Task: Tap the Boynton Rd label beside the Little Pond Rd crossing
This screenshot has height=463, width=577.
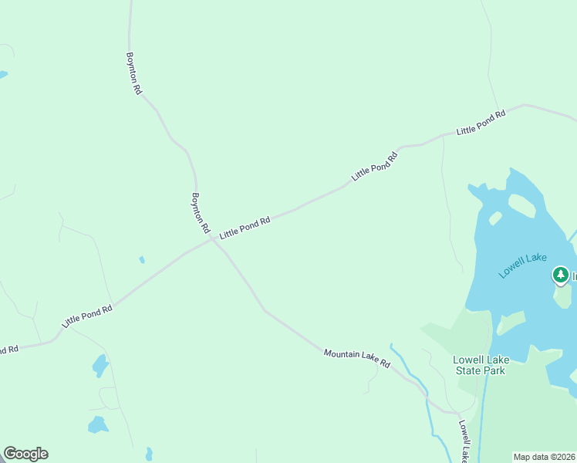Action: pos(201,213)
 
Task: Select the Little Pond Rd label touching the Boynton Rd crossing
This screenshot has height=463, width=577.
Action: pos(245,227)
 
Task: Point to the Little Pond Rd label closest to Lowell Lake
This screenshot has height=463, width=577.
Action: pos(481,123)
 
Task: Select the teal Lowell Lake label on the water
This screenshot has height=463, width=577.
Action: pos(522,265)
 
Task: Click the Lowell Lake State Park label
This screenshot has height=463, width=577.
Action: pos(479,365)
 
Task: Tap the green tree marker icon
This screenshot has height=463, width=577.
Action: pos(561,275)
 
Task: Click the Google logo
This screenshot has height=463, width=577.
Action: pos(25,454)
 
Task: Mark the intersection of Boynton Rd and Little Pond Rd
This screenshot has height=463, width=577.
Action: pos(212,239)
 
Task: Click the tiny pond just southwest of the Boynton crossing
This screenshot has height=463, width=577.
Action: pos(142,260)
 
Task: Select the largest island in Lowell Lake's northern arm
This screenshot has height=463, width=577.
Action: pos(521,205)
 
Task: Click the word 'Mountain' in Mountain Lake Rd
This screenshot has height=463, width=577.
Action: pos(342,354)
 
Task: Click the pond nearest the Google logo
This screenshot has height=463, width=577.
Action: pos(97,424)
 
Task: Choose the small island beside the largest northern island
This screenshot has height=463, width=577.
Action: pos(495,218)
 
